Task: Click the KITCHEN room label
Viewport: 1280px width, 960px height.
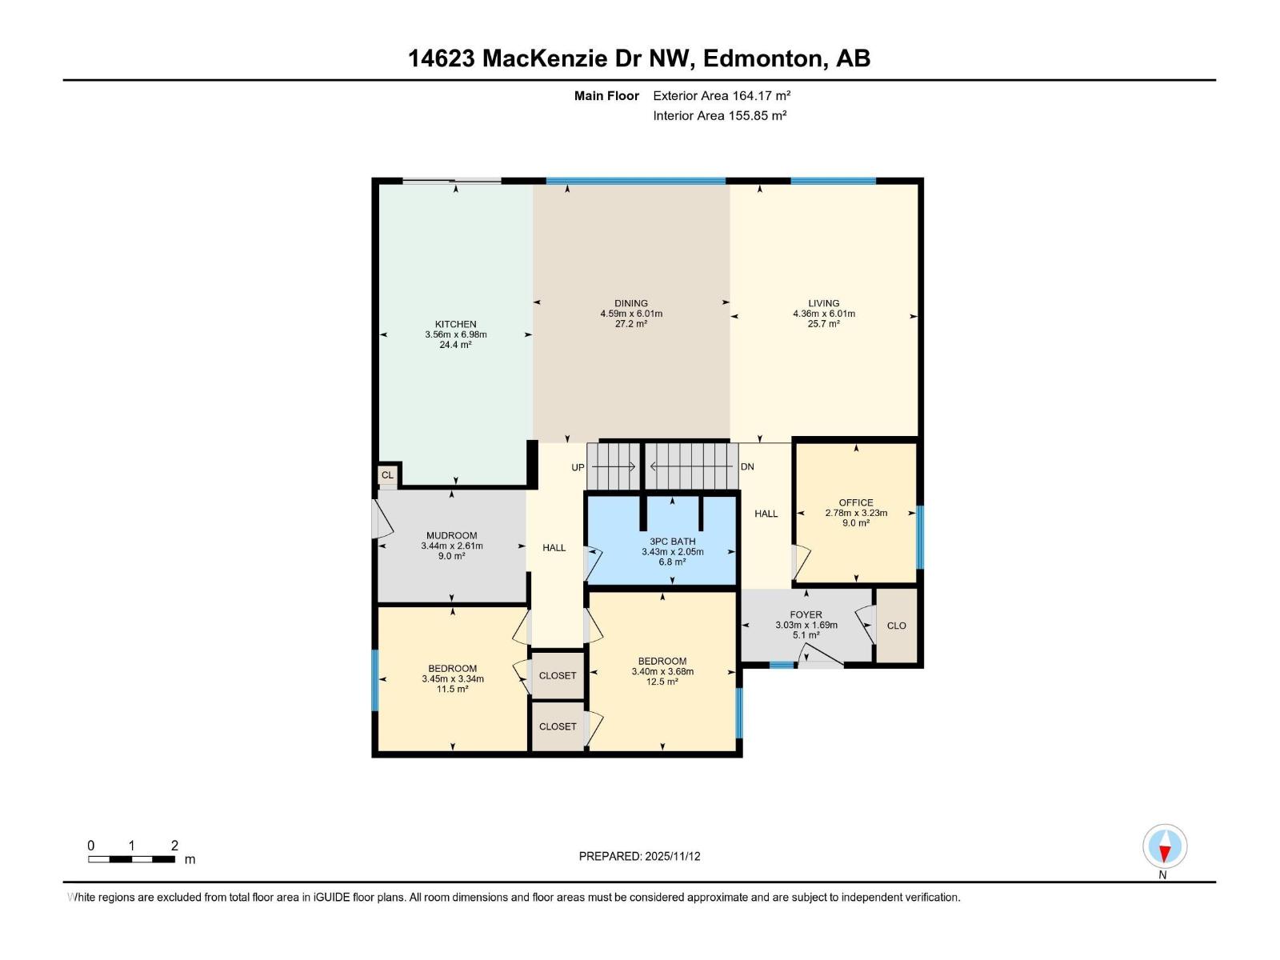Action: click(455, 324)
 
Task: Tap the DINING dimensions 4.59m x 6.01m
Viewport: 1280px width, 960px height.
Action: click(631, 314)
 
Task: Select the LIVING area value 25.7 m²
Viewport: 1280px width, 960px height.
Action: click(823, 324)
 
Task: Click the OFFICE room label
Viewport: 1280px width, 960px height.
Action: click(856, 502)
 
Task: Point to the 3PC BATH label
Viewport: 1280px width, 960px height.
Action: click(672, 542)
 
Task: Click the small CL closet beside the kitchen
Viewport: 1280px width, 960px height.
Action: click(387, 475)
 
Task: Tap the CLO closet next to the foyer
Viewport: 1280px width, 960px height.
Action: click(896, 626)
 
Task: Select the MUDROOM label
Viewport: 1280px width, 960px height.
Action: click(451, 536)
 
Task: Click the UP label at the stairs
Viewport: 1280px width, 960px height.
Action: click(578, 467)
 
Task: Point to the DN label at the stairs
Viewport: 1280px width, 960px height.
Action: click(747, 466)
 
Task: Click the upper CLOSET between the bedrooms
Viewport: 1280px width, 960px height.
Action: click(558, 675)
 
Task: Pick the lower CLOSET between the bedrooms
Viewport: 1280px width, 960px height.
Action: click(558, 726)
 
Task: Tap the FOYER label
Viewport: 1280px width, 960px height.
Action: click(806, 614)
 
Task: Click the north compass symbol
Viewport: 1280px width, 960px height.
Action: click(1165, 847)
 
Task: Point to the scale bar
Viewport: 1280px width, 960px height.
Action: click(132, 859)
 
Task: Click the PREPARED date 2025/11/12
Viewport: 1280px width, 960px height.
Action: click(639, 856)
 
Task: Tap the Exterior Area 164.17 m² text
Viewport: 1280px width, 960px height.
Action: click(722, 95)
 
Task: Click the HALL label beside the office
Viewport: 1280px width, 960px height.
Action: click(766, 514)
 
